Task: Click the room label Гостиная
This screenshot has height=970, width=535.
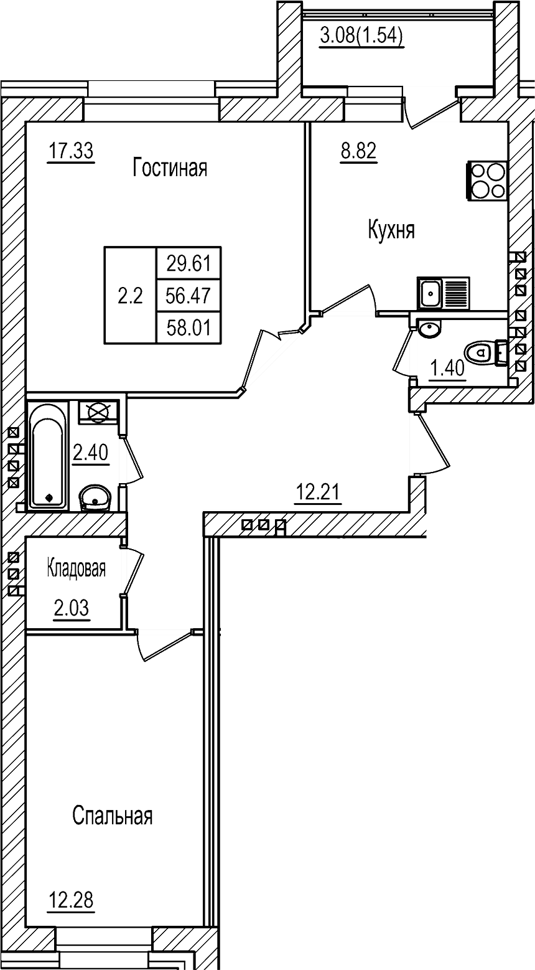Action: coord(169,168)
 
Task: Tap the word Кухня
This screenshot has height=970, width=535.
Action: coord(391,230)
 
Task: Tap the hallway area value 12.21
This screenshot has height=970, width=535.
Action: coord(317,494)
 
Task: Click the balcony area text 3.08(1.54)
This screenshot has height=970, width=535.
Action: coord(361,37)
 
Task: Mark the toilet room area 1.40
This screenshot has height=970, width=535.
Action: coord(448,369)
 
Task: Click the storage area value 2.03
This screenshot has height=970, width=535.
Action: coord(72,608)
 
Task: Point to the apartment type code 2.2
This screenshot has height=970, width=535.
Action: coord(131,296)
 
